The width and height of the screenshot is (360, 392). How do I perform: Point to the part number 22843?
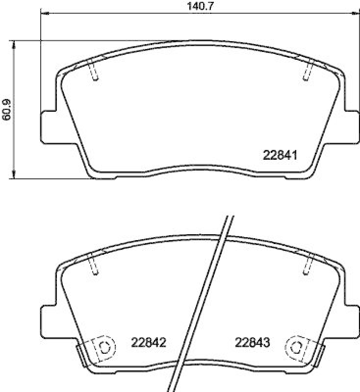[253, 342]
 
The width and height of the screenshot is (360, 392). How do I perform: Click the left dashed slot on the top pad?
[95, 71]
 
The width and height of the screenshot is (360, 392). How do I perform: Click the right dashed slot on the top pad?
[307, 71]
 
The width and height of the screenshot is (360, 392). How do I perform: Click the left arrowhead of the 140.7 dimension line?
[44, 13]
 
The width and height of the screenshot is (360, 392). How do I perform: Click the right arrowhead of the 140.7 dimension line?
[356, 13]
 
